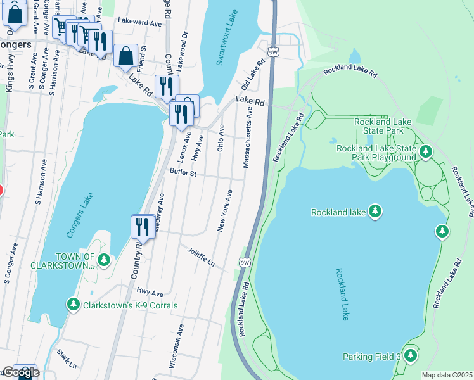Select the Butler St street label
[x=183, y=172]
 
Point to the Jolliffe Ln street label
[x=201, y=256]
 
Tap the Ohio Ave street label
[x=221, y=137]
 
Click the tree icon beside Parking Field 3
[x=410, y=356]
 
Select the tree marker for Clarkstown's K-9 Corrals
[x=74, y=305]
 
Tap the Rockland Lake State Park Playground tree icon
[x=425, y=152]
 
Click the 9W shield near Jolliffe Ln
[x=245, y=262]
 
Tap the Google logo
[x=20, y=372]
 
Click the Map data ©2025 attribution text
[x=447, y=375]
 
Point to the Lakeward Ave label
[x=139, y=22]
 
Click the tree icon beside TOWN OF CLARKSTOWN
[x=104, y=260]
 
